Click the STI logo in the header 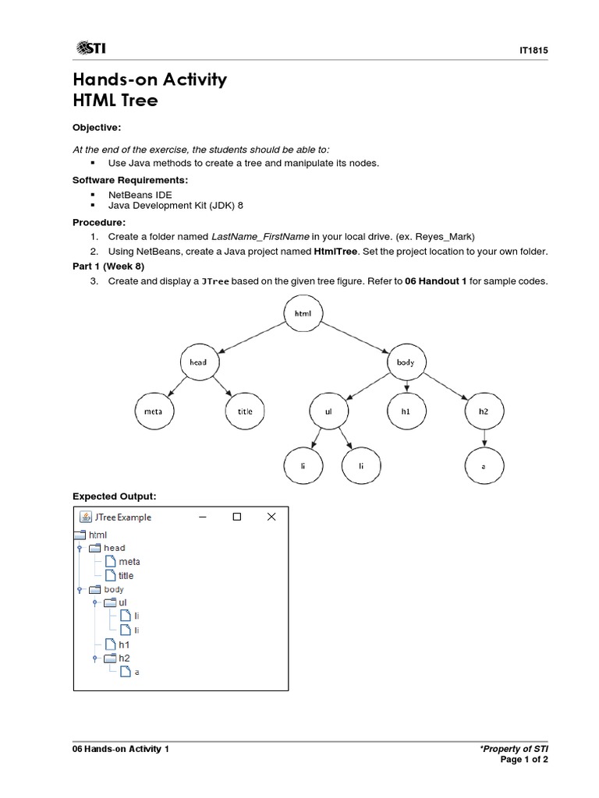click(91, 49)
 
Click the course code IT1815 click(533, 51)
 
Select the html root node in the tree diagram click(303, 312)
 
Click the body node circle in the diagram click(406, 362)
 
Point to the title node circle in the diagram click(245, 411)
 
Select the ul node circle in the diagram click(328, 411)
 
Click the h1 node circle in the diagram click(406, 411)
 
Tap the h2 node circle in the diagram click(484, 411)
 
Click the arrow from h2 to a click(484, 438)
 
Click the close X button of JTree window click(271, 517)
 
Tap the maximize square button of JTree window click(237, 517)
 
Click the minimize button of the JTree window click(203, 517)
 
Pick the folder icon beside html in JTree click(80, 535)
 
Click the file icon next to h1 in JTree click(110, 644)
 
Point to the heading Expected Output click(115, 496)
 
